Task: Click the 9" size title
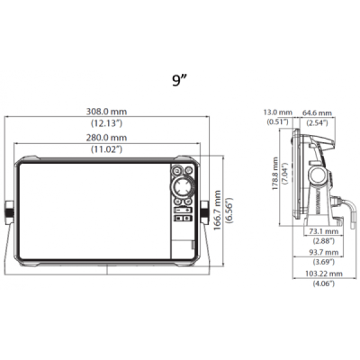tap(180, 80)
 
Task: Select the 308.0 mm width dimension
tap(106, 112)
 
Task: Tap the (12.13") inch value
tap(106, 122)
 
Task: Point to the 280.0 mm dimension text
tap(106, 138)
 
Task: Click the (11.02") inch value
tap(106, 148)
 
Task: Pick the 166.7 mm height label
tap(217, 210)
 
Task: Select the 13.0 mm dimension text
tap(277, 112)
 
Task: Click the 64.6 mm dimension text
tap(317, 113)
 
